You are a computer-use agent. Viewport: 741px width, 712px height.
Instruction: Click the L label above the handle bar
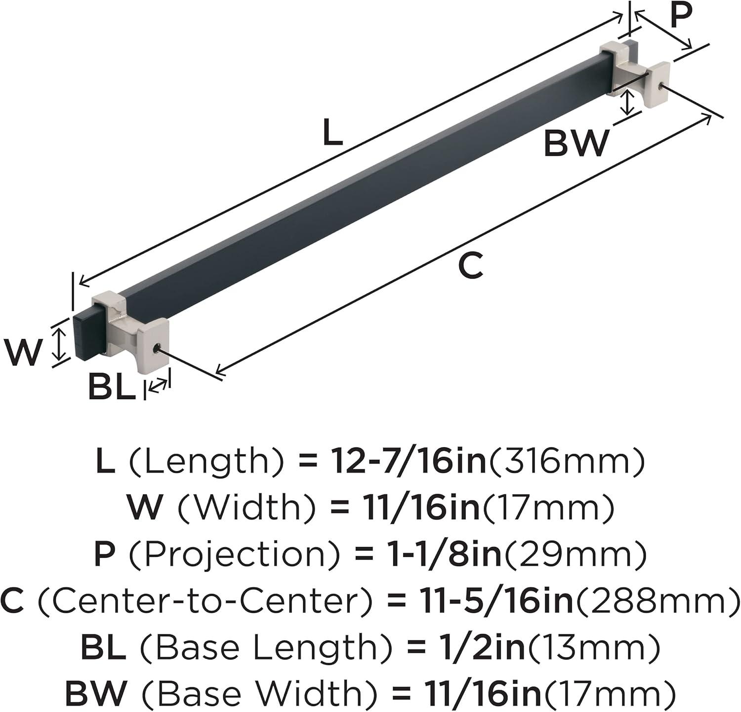click(x=333, y=133)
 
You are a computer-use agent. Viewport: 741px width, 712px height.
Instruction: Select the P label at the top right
click(x=681, y=15)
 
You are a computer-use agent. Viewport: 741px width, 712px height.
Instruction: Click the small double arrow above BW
click(x=628, y=103)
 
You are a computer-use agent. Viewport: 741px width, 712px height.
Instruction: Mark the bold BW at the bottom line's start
click(x=96, y=693)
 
